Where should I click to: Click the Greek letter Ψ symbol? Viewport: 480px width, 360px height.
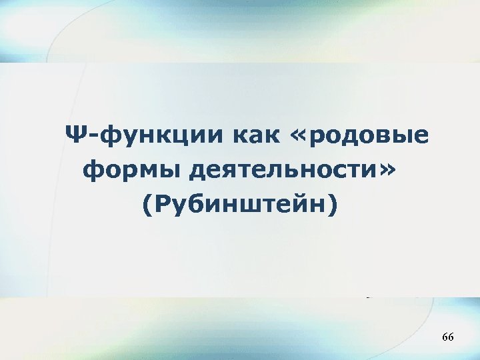tap(75, 136)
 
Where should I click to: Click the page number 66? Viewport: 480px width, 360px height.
tap(447, 339)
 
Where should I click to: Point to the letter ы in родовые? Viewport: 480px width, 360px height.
tap(406, 138)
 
